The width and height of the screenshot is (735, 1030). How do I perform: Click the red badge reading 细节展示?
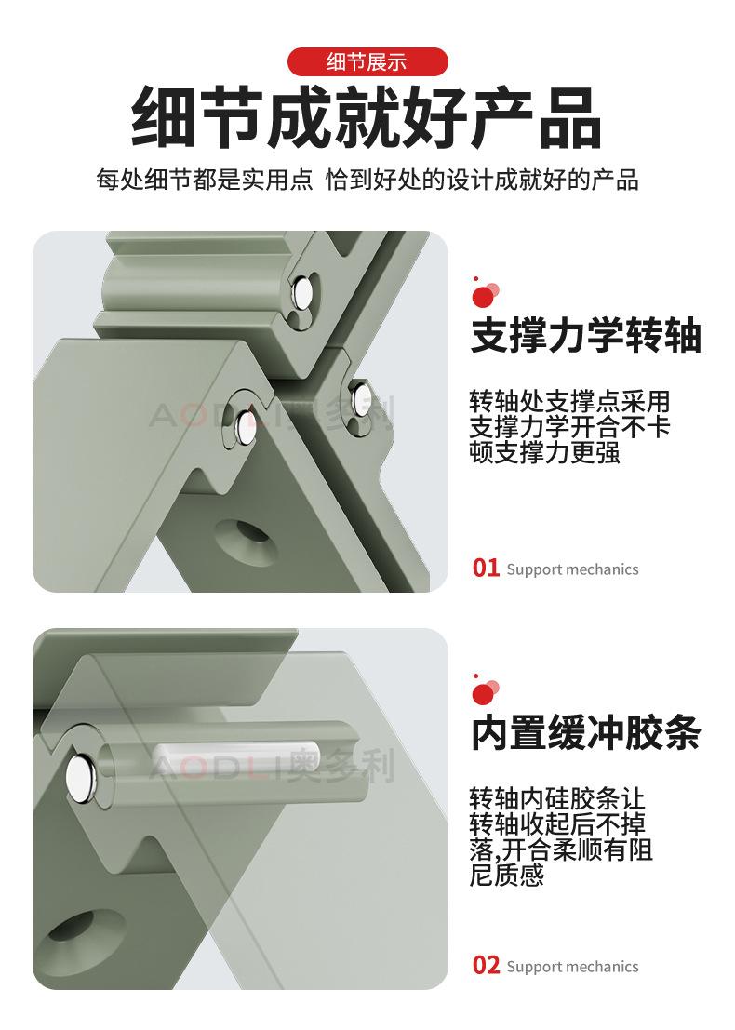click(367, 62)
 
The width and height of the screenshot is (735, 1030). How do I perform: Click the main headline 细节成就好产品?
click(367, 119)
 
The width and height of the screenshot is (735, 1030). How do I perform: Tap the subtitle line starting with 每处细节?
click(367, 180)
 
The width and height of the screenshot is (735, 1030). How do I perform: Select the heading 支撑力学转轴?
click(586, 335)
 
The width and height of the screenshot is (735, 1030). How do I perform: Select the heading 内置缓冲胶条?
click(586, 732)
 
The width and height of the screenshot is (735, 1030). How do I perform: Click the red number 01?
click(486, 569)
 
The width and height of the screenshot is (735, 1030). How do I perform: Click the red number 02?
click(486, 966)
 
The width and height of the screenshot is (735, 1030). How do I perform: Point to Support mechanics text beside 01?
click(573, 569)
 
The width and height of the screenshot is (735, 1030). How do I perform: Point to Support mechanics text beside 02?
click(573, 967)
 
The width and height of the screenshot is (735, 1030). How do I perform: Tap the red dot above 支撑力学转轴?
click(482, 297)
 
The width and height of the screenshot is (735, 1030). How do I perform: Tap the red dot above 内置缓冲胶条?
click(482, 694)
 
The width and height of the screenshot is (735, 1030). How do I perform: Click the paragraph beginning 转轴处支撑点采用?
click(569, 427)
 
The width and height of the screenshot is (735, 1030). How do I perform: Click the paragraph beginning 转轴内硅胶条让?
click(561, 836)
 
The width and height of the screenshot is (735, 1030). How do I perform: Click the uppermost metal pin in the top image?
click(302, 292)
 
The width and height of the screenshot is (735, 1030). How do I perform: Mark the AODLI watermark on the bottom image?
click(272, 766)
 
